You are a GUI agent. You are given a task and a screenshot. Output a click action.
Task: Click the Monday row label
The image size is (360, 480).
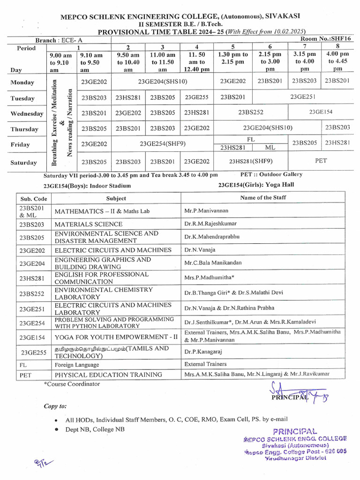(x=22, y=82)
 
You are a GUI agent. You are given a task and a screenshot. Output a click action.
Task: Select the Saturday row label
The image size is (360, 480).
(x=23, y=163)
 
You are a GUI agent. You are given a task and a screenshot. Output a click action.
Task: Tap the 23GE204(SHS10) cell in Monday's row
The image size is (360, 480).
(x=163, y=82)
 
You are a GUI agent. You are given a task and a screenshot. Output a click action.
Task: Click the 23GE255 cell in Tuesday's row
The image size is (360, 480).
(x=197, y=97)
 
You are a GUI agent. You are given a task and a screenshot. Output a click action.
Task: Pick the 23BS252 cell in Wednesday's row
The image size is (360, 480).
(x=251, y=112)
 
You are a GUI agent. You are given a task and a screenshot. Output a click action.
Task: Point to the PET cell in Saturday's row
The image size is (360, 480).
(x=321, y=161)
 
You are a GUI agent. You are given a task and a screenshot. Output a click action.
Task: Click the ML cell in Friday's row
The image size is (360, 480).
(x=270, y=148)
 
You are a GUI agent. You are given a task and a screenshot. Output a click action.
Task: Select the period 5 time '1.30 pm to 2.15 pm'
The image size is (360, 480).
(x=233, y=58)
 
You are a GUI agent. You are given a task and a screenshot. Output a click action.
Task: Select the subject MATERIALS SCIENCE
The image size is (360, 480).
(x=89, y=224)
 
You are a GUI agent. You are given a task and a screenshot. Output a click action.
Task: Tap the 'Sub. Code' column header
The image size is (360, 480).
(x=34, y=198)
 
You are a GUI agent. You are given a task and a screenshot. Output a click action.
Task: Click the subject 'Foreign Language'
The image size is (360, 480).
(x=77, y=364)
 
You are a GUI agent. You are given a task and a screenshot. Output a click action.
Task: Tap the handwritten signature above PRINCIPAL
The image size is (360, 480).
(x=295, y=392)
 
